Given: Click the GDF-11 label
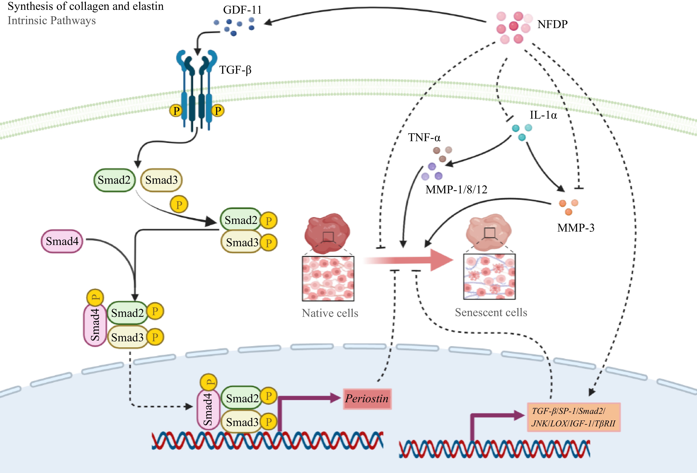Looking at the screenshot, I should [242, 10].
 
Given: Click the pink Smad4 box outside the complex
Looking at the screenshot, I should [62, 241].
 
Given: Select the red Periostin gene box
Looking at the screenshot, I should [367, 399].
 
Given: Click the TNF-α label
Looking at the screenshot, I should [424, 138].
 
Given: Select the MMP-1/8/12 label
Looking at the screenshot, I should [456, 189].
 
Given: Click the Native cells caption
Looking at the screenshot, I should [330, 313].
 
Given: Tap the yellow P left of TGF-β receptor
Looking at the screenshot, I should [176, 111].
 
